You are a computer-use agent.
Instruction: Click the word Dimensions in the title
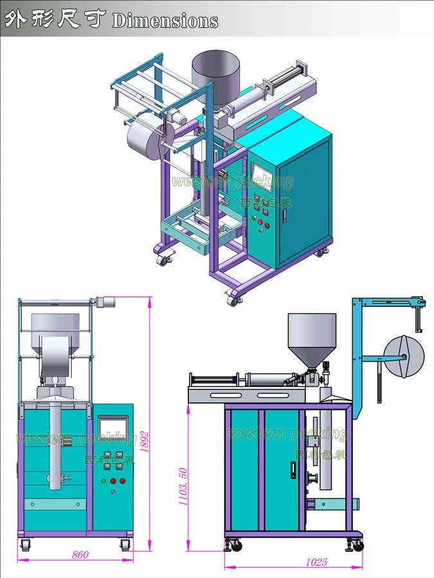click(x=165, y=21)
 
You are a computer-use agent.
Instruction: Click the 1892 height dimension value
click(x=145, y=442)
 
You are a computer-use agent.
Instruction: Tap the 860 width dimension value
click(x=80, y=554)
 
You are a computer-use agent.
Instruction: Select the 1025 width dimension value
click(x=316, y=562)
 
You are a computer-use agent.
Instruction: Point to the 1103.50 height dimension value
click(x=183, y=486)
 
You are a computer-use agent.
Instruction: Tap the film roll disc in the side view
click(x=404, y=356)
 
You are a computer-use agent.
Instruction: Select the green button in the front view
click(x=104, y=480)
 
